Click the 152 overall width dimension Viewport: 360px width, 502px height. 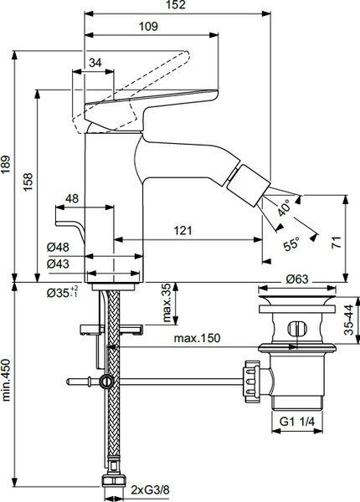coord(177,5)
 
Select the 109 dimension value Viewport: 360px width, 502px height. coord(148,26)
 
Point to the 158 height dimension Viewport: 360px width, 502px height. coord(28,182)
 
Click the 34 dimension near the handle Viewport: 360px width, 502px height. coord(95,63)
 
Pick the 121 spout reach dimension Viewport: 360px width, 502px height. coord(183,230)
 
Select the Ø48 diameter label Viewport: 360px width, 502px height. coord(58,247)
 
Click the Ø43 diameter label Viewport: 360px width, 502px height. coord(58,264)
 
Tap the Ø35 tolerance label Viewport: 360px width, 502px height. coord(62,292)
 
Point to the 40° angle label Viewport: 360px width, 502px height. coord(284,207)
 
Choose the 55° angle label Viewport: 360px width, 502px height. coord(291,244)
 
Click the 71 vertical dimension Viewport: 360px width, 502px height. coord(337,243)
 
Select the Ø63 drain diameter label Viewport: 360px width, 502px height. coord(297,279)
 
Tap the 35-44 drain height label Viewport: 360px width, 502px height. coord(349,320)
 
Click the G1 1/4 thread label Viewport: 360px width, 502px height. coord(297,422)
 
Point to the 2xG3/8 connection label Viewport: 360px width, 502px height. coord(150,489)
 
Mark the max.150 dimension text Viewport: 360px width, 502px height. coord(198,338)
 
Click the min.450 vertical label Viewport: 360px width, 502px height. coord(7,380)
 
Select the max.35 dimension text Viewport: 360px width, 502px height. coord(167,302)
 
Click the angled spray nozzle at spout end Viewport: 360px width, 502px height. coord(248,186)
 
